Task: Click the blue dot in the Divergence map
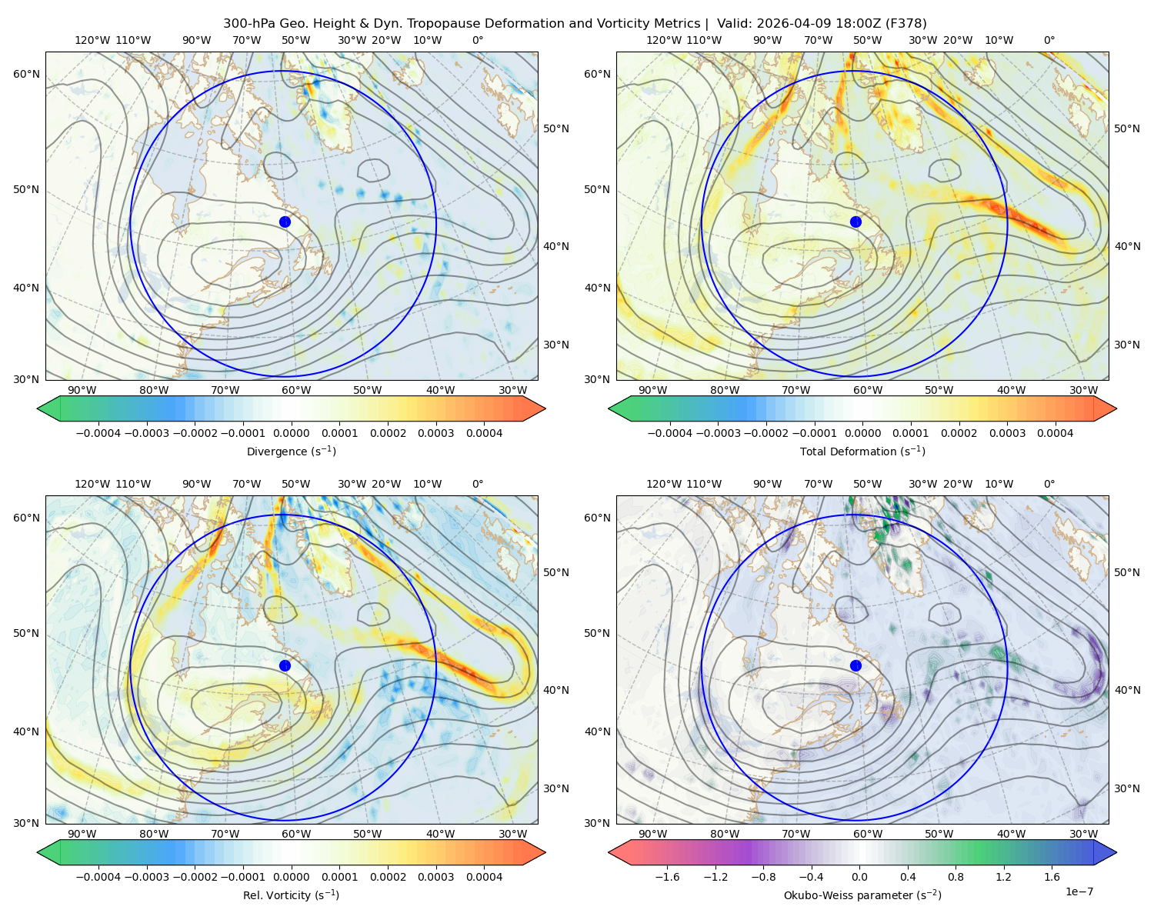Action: pos(285,222)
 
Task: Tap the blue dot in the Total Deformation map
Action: pos(855,222)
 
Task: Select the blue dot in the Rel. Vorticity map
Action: pos(285,665)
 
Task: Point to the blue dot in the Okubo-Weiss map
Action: pos(855,665)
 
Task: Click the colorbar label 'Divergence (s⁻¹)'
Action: pos(291,451)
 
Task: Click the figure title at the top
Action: pos(575,23)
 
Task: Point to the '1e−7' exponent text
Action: pos(1079,891)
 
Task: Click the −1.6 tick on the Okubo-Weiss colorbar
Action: pos(667,877)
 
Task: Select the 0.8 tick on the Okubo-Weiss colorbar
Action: pos(956,877)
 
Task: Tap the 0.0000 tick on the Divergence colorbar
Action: pos(291,433)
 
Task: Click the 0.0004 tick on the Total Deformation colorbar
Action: pos(1056,433)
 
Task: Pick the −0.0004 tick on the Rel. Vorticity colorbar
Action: pos(98,877)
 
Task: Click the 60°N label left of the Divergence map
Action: pos(26,74)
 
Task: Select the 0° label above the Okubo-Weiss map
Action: pos(1049,484)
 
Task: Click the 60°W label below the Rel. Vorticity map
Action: pos(296,834)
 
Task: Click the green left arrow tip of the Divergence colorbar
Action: pos(38,408)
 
